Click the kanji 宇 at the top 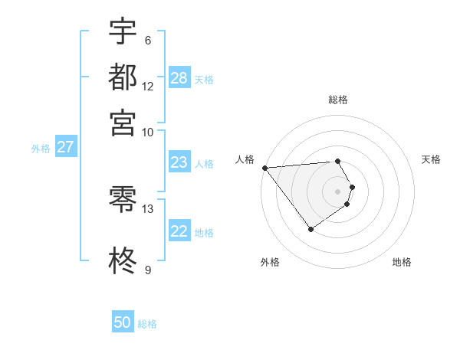123,32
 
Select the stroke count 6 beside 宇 147,41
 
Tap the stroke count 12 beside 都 148,86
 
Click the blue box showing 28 179,78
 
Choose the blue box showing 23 179,162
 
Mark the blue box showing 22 179,232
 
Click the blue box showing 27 65,147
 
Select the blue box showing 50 123,322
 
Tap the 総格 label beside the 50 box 147,324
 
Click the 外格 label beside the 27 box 41,149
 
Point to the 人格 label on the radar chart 245,159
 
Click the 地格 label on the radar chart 402,262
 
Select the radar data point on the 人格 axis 264,168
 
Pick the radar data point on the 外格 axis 310,229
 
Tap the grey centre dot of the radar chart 337,191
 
